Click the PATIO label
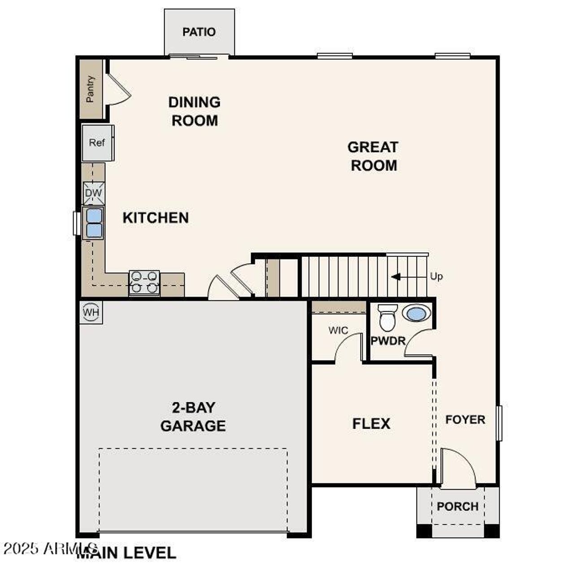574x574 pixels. click(x=199, y=32)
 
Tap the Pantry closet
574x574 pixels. click(x=91, y=89)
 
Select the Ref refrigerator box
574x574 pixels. click(x=97, y=143)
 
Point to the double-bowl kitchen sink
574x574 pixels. click(x=94, y=223)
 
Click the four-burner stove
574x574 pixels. click(x=144, y=283)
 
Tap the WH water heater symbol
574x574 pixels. click(x=91, y=312)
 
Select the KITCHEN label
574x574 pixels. click(x=156, y=218)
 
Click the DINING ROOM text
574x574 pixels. click(x=195, y=111)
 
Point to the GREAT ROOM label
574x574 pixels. click(x=373, y=156)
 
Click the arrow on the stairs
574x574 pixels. click(x=396, y=277)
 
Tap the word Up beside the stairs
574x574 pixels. click(x=436, y=276)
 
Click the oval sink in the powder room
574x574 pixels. click(x=417, y=313)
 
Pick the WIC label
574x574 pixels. click(x=338, y=330)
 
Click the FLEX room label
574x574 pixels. click(x=371, y=424)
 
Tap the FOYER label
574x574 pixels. click(x=465, y=420)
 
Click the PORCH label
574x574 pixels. click(x=457, y=506)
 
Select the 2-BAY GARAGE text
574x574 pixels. click(x=193, y=417)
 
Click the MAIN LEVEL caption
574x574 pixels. click(x=126, y=553)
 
